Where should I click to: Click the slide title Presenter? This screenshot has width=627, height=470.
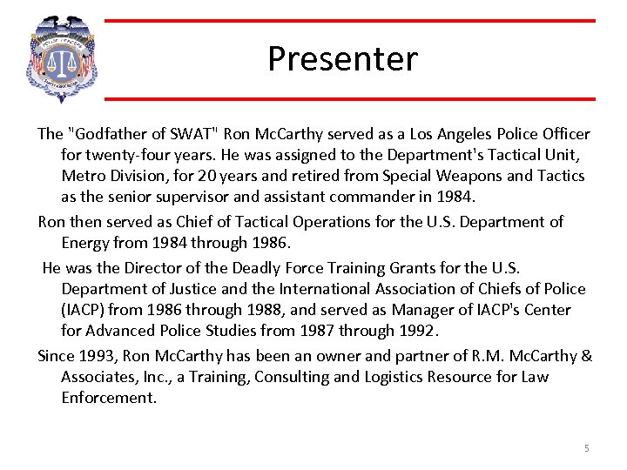pos(342,59)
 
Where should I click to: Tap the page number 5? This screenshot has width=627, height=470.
pos(586,448)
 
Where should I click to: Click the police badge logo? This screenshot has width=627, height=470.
pos(60,59)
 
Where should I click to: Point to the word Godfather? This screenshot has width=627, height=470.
pos(111,134)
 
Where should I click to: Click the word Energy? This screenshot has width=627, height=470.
pos(89,243)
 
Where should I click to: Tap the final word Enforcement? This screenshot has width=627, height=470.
pos(109,398)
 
